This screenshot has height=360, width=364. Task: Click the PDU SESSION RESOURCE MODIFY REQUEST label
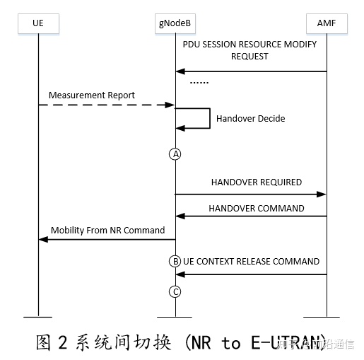point(249,50)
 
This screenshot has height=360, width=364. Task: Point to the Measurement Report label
point(92,95)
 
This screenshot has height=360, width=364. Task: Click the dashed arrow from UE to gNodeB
point(106,105)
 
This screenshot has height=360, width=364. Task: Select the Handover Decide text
point(250,118)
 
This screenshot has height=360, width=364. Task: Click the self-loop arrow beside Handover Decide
point(208,117)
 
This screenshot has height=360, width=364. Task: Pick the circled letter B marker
point(175,261)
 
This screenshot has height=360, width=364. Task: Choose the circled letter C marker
point(175,291)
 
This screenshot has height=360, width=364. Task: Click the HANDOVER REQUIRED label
point(256,182)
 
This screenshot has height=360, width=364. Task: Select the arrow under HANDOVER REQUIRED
point(251,194)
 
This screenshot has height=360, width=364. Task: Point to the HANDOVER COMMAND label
point(257,208)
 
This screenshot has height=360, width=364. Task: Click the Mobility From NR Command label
point(107,230)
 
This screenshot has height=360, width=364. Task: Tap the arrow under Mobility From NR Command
point(106,240)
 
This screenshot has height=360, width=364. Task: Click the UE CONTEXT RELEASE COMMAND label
point(252,261)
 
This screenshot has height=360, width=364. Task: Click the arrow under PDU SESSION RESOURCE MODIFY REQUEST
point(251,71)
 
